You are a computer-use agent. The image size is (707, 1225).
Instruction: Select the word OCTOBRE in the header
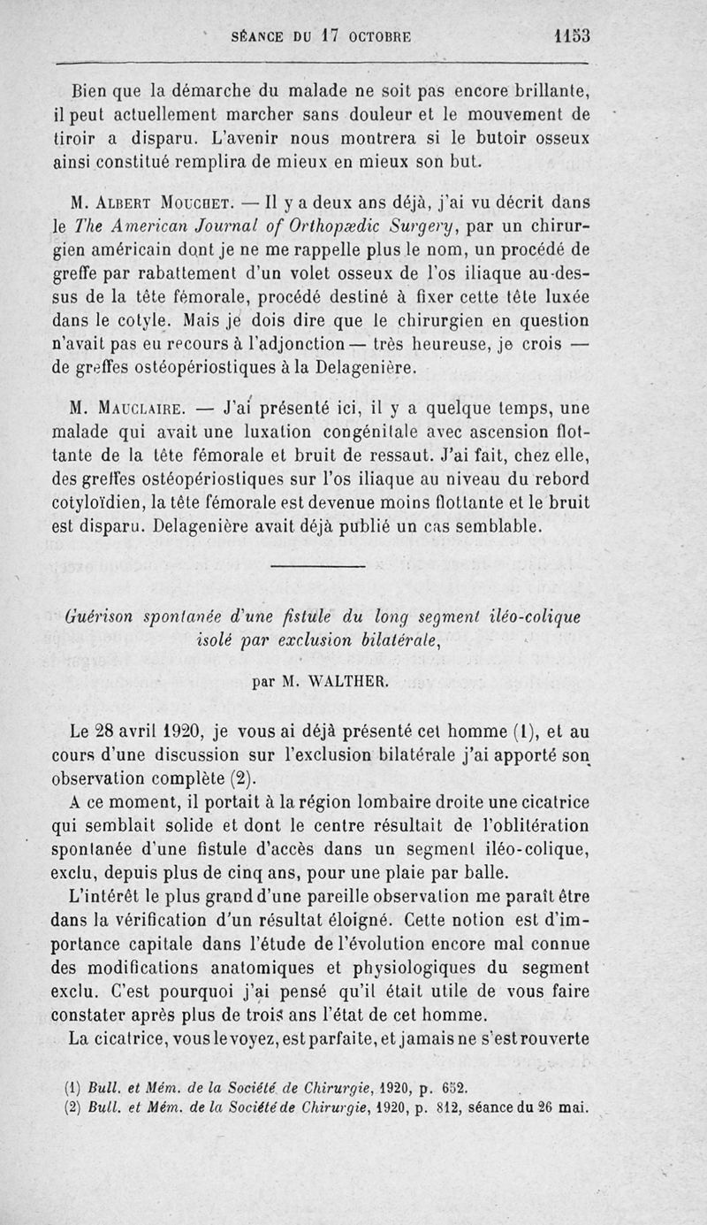tap(386, 37)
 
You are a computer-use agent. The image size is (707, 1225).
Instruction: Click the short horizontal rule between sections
tap(316, 565)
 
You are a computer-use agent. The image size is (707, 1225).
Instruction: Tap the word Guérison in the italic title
tap(96, 616)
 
